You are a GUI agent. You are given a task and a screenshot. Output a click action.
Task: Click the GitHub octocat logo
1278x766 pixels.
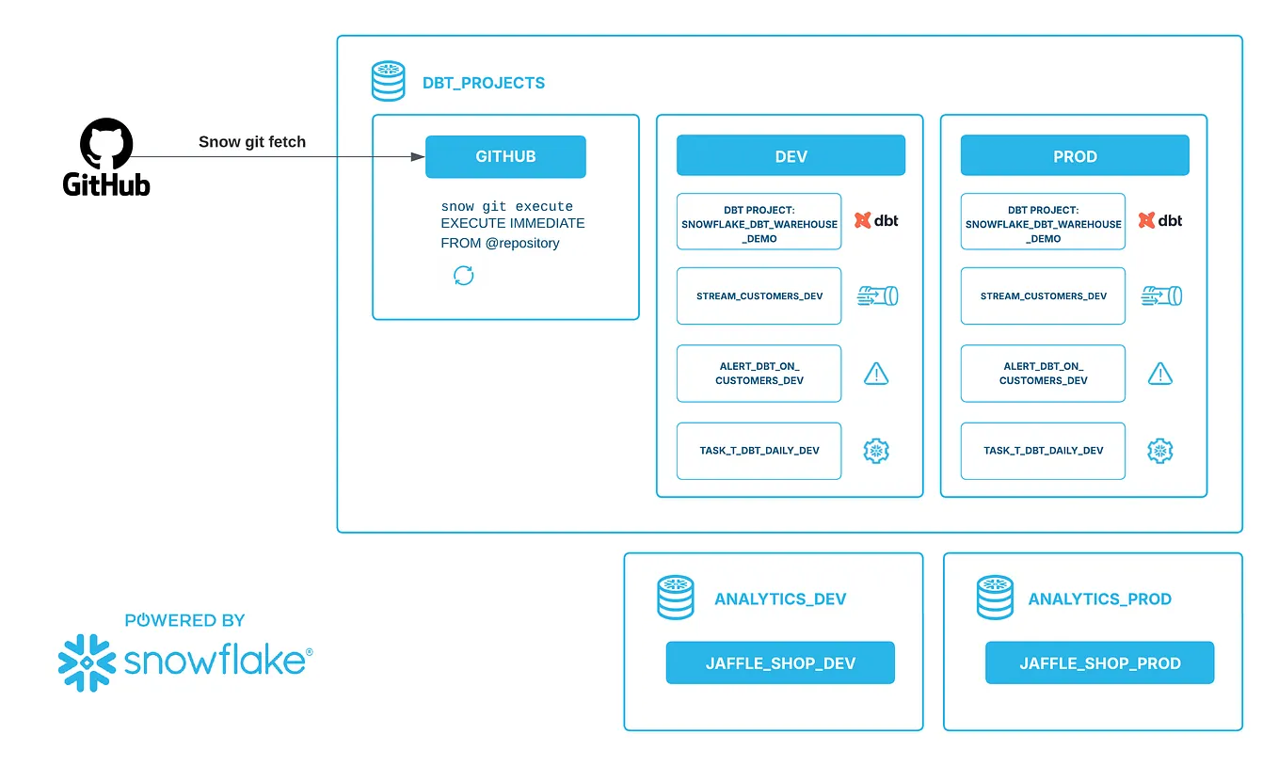(106, 144)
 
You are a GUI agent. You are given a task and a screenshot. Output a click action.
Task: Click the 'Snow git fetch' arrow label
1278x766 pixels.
(252, 142)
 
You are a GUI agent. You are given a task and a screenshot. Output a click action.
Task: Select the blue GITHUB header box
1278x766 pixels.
(505, 157)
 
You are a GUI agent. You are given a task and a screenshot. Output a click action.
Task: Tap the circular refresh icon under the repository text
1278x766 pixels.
(464, 276)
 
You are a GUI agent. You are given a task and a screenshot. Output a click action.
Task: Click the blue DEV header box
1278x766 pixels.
(791, 156)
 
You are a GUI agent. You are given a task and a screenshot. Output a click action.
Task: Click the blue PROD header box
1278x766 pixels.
(1075, 156)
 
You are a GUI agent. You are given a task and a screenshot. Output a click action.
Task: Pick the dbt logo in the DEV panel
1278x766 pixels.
(876, 221)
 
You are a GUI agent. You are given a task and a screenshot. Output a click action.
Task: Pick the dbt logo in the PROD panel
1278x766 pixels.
(1160, 221)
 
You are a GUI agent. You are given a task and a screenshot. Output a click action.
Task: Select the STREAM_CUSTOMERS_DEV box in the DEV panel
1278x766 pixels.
(759, 296)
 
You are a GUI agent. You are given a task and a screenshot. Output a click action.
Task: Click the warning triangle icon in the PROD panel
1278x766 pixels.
(1160, 374)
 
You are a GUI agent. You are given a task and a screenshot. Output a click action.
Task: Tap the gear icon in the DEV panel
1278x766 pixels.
(876, 451)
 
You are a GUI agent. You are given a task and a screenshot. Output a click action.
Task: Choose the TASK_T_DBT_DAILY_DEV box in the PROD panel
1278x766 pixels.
(1043, 451)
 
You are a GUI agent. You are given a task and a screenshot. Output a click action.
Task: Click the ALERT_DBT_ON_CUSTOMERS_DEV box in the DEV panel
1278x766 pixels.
(759, 374)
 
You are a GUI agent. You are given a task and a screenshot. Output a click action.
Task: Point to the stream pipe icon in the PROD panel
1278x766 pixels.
(1161, 296)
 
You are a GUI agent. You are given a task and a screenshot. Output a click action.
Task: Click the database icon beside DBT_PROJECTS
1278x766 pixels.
(388, 82)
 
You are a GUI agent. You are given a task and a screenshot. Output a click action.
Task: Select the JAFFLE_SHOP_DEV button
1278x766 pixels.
(780, 663)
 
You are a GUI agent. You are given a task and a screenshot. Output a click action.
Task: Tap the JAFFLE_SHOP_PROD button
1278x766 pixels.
(1099, 663)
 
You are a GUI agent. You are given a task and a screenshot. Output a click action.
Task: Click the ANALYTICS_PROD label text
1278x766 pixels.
(1099, 599)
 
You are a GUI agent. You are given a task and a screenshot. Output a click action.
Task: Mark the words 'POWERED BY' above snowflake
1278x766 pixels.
(184, 621)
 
